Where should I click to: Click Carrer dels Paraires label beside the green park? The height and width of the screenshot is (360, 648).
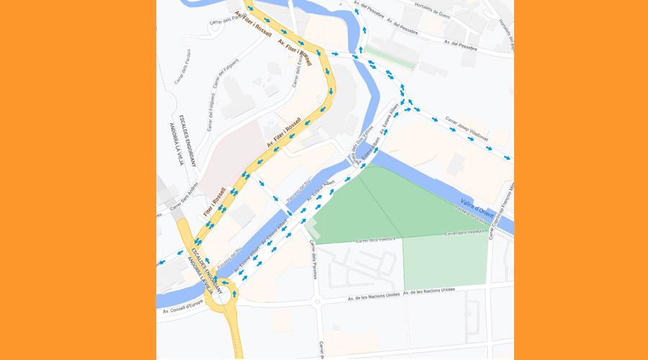pos(314,260)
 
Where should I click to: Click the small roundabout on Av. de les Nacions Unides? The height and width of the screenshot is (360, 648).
pos(317,300)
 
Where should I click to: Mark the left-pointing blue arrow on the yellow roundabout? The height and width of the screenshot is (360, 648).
pos(224,283)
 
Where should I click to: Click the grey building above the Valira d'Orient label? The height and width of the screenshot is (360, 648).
pos(456,164)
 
